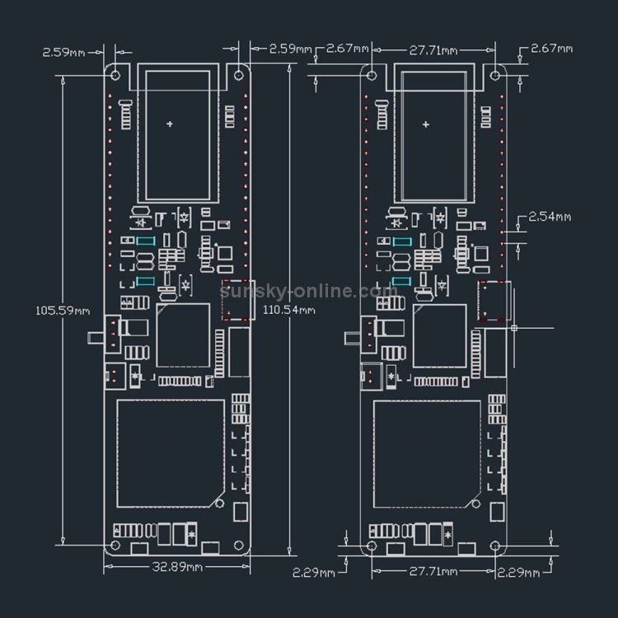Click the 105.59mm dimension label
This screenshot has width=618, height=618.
63,311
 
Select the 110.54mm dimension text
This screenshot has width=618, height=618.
289,310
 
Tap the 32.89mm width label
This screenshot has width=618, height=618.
177,567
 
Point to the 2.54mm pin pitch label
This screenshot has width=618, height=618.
550,217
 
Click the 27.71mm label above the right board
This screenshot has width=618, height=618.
433,50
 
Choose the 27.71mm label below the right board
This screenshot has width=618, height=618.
433,572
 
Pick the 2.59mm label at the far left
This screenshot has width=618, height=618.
63,53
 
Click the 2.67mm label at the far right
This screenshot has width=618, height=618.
552,49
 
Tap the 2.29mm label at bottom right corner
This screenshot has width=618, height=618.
518,573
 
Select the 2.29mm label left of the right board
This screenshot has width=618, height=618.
314,573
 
